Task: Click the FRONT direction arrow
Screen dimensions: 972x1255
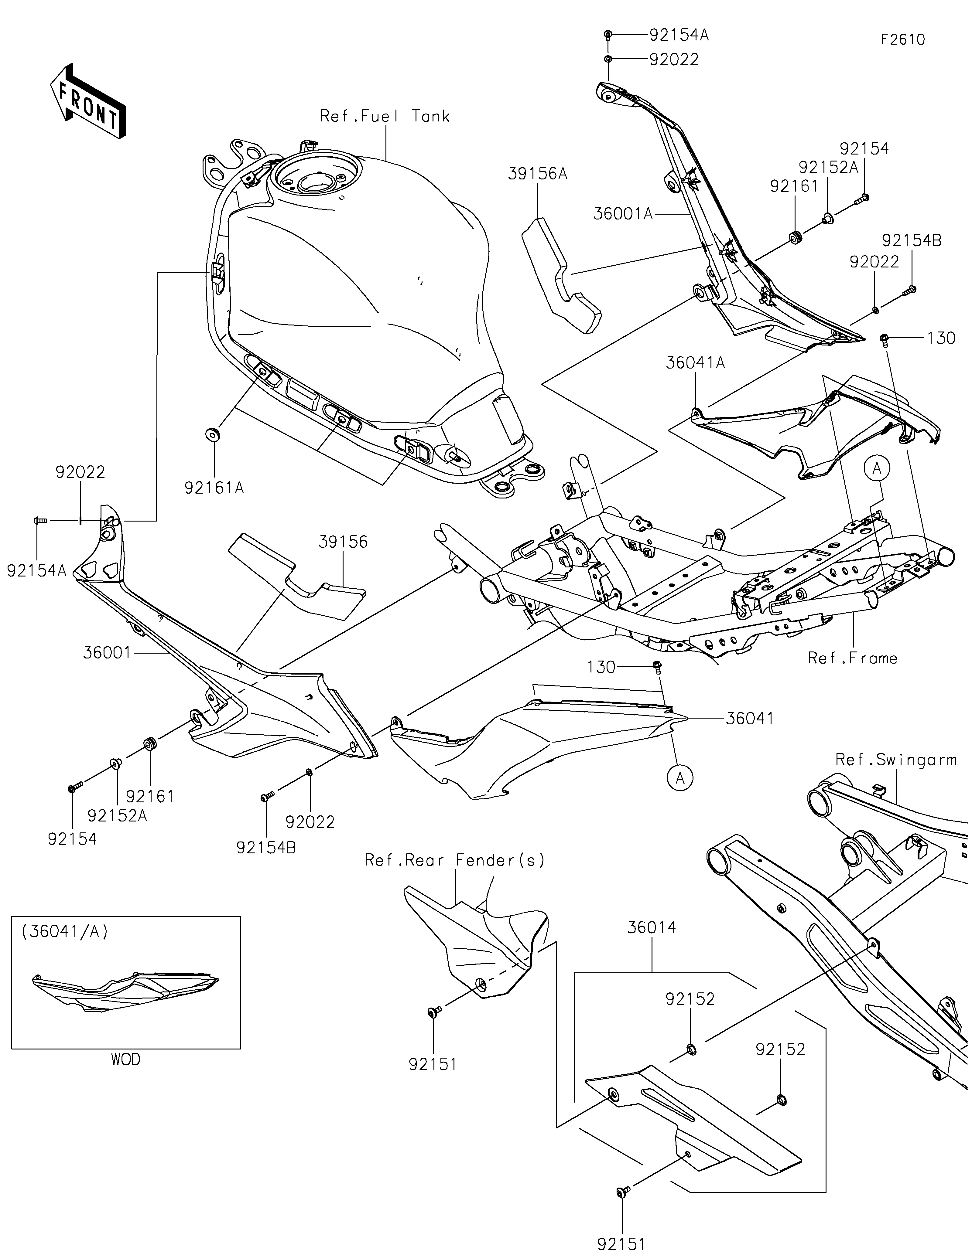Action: pos(88,100)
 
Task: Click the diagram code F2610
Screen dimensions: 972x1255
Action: pos(902,40)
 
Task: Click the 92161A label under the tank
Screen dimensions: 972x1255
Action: pos(214,488)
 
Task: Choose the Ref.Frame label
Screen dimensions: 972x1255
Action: pos(852,658)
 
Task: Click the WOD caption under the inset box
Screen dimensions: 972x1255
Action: pos(125,1059)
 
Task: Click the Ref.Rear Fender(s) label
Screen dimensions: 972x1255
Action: pos(455,860)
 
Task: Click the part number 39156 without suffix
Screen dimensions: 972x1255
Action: pos(343,542)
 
